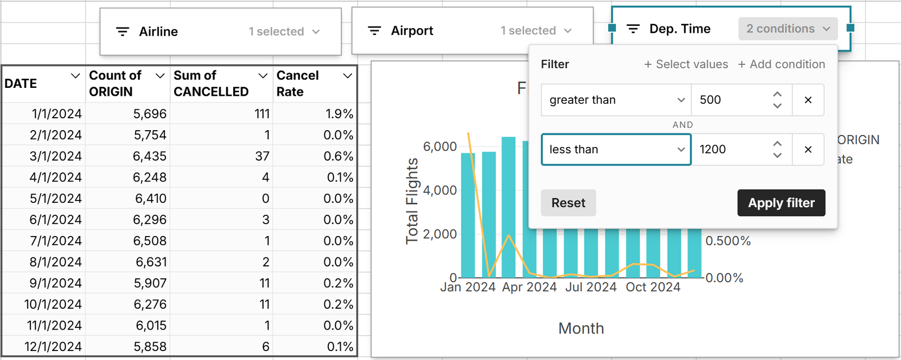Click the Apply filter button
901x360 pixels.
point(781,203)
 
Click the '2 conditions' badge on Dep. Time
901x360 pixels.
point(787,29)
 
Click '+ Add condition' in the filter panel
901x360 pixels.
point(781,64)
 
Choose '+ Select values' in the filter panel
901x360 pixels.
point(686,64)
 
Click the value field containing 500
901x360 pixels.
point(732,100)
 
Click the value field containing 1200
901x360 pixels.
point(732,149)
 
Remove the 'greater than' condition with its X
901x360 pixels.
point(808,100)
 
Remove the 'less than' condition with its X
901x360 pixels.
point(808,149)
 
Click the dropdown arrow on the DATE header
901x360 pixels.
point(75,75)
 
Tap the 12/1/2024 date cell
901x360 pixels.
point(53,346)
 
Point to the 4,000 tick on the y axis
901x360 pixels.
point(440,190)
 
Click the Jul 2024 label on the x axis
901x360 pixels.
point(591,287)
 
